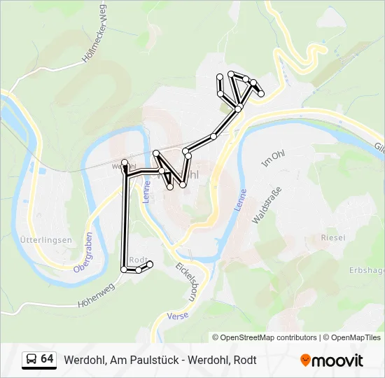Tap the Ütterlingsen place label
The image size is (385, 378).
pos(47,240)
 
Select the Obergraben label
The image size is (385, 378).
pos(83,251)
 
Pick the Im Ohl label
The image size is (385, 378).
pos(269,160)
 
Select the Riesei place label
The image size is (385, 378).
pos(332,238)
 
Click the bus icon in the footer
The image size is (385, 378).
pos(30,360)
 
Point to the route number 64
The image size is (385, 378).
pos(47,359)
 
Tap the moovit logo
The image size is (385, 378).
pos(332,360)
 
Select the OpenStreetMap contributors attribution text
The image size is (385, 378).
pos(265,337)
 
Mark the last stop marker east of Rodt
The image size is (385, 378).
pos(150,264)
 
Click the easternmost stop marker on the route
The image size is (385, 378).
pos(261,93)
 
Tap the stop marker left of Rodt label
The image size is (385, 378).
pos(124,269)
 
